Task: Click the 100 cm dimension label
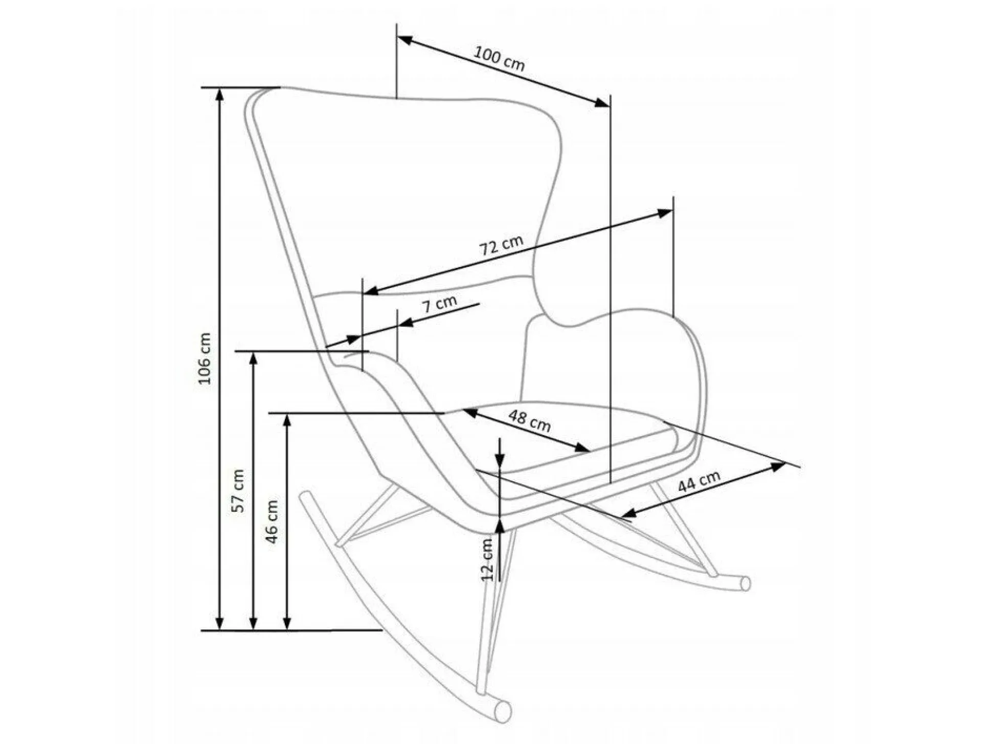499,58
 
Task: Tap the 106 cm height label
204,358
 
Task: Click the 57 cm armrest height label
238,491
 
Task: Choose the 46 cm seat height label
272,522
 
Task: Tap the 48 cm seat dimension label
530,421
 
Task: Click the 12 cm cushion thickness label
487,559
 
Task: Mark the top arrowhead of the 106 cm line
219,94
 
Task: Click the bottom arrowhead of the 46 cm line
287,623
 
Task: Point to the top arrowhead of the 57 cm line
253,358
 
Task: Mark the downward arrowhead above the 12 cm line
500,460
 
